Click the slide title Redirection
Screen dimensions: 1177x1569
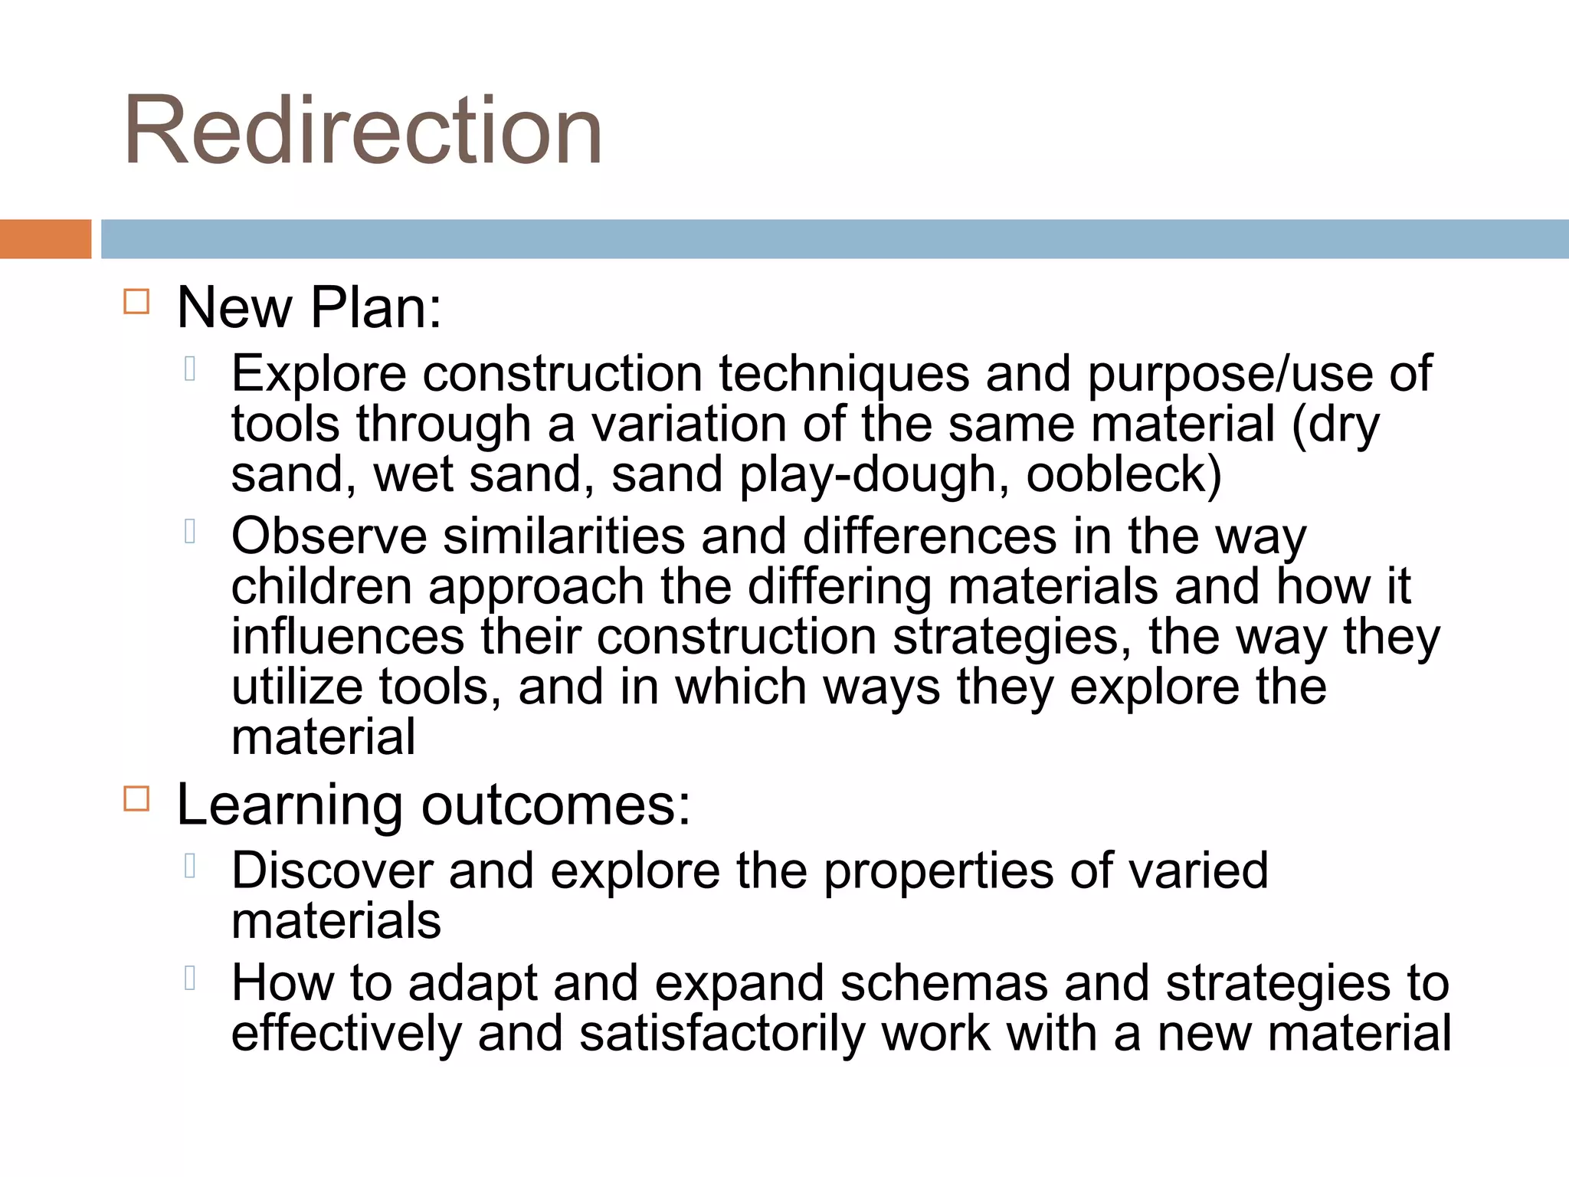pos(362,130)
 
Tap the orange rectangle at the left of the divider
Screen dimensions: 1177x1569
pos(45,239)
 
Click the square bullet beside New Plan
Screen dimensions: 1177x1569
pos(136,302)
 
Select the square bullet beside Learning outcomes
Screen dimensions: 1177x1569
pos(136,799)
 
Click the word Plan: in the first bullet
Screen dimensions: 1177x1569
pos(376,308)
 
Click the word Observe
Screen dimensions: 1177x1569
pos(329,536)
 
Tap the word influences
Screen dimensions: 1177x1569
pos(348,637)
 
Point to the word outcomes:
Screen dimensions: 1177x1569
pos(555,805)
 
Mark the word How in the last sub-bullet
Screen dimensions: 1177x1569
pos(282,983)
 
